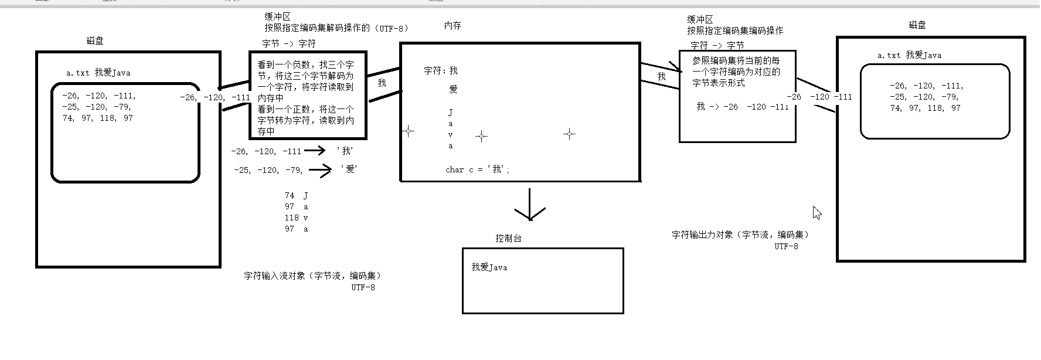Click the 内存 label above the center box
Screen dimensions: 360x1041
453,26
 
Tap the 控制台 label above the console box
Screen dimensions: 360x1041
508,238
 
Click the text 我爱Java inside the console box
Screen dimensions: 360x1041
489,267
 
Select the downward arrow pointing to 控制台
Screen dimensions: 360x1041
530,205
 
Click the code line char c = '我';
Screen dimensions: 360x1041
477,169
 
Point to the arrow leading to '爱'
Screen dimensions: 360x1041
320,171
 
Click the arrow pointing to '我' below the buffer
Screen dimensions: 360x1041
315,151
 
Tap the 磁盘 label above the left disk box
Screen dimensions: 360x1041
95,41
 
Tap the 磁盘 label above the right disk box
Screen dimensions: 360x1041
917,25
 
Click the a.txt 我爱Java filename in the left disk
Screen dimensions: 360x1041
98,73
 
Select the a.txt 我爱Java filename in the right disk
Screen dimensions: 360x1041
909,55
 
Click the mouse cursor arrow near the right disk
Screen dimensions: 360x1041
817,212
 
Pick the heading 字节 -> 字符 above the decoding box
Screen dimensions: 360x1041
289,43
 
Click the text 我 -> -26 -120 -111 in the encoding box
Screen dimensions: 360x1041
742,107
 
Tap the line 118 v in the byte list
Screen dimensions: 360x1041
296,218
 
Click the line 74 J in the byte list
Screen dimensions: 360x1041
296,195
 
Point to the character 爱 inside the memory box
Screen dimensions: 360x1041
453,90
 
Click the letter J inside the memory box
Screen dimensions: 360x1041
450,112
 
